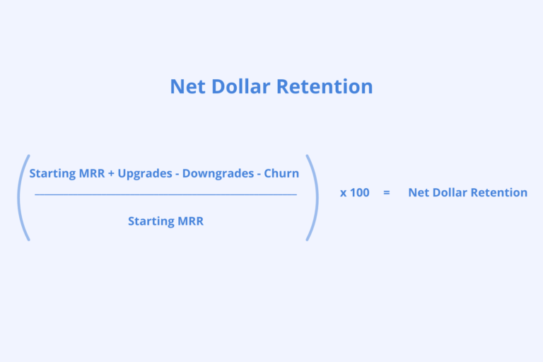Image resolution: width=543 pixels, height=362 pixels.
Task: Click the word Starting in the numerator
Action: (53, 173)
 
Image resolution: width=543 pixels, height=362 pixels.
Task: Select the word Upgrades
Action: (145, 173)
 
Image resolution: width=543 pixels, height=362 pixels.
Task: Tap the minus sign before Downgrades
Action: (177, 173)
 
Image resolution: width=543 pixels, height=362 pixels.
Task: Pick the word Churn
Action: (281, 173)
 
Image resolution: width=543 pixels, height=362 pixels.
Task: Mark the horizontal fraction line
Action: (165, 194)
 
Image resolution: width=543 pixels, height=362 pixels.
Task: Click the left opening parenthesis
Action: (21, 197)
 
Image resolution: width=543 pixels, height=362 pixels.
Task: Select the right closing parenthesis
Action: (312, 197)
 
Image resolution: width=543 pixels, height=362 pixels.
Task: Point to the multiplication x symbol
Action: (343, 193)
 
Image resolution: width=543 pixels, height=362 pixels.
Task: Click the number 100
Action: (360, 192)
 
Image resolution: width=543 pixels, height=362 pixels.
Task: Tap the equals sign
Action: (386, 192)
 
